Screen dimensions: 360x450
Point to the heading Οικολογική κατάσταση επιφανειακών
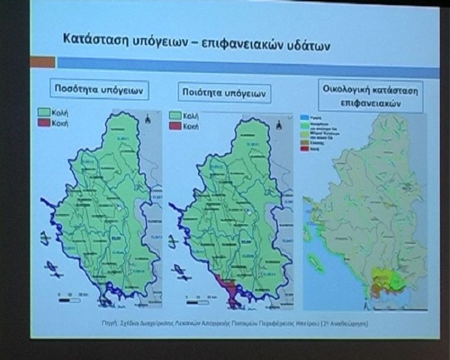click(x=370, y=97)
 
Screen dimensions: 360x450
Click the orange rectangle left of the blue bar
click(x=43, y=62)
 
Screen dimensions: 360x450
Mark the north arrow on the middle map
click(x=279, y=125)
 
